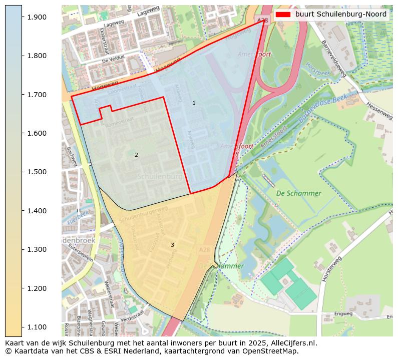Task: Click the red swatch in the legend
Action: click(283, 15)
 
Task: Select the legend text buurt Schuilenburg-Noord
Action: click(340, 15)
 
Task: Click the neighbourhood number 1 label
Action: click(194, 103)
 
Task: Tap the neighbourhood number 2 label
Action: click(136, 155)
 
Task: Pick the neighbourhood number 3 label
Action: click(172, 245)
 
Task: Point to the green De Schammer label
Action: click(298, 193)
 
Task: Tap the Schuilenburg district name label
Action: click(160, 177)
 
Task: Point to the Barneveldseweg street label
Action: click(333, 59)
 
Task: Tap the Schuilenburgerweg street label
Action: click(144, 214)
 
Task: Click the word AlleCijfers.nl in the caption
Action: click(293, 343)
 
